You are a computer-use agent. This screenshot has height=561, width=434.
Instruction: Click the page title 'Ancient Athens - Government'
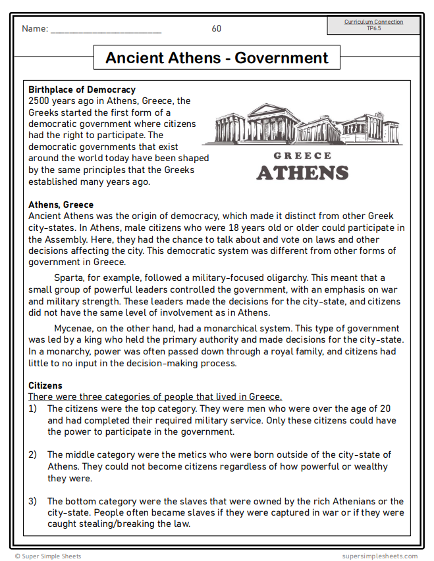pos(217,58)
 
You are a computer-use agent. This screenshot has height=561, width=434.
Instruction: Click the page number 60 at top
pos(217,28)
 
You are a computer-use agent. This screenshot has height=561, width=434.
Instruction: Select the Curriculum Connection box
pos(373,25)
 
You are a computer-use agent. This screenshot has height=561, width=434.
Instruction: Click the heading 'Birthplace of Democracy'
pos(82,89)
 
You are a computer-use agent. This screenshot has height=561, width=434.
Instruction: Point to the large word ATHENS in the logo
pos(302,173)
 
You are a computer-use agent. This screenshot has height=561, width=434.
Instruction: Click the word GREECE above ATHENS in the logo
pos(302,156)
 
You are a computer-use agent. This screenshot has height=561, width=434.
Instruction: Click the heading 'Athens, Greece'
pos(61,205)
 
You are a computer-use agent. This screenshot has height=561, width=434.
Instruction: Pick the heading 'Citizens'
pos(45,385)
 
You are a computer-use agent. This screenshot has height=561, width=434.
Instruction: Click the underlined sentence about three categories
pos(155,397)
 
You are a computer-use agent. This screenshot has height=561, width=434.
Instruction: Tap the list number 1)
pos(33,408)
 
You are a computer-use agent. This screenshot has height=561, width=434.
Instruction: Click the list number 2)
pos(33,454)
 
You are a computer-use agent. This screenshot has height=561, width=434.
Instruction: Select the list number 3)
pos(33,501)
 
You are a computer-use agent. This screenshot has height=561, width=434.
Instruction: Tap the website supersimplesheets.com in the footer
pos(379,556)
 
